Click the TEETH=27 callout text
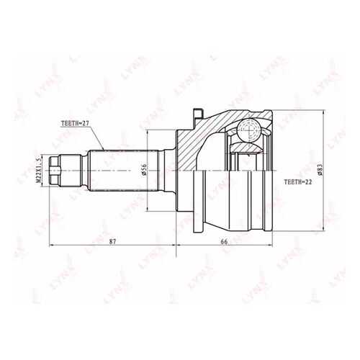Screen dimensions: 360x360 tap(75, 123)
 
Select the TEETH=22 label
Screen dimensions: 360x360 tap(298, 182)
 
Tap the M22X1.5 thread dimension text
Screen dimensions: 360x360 tap(38, 171)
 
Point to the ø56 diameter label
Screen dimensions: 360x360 tap(144, 169)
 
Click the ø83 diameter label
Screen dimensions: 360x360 tap(320, 170)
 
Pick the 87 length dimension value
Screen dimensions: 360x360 tap(112, 242)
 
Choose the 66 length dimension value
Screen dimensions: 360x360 tap(224, 242)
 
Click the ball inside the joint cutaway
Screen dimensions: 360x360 tap(249, 130)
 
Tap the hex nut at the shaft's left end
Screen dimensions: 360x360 tap(54, 171)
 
